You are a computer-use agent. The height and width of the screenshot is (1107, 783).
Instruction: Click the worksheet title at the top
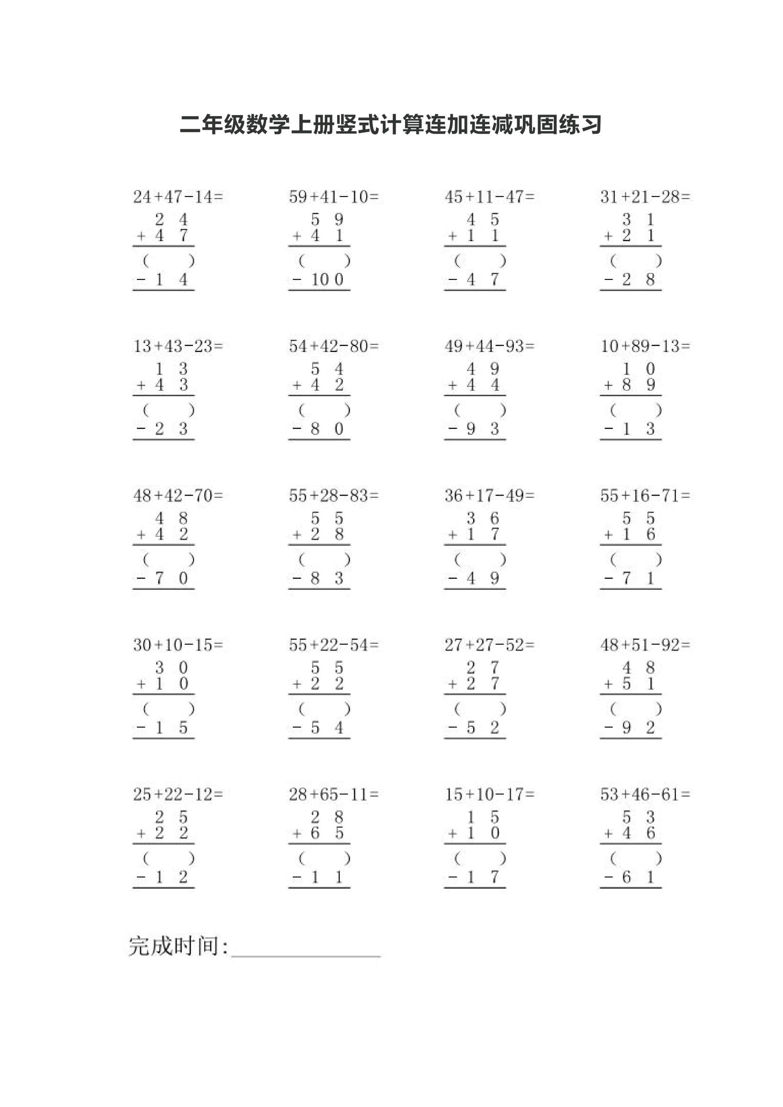pyautogui.click(x=390, y=125)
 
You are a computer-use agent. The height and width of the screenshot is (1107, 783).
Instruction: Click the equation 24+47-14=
pyautogui.click(x=178, y=197)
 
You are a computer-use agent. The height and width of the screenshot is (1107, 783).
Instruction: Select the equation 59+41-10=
pyautogui.click(x=333, y=197)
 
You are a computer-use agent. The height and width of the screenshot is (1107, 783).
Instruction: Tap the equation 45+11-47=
pyautogui.click(x=489, y=197)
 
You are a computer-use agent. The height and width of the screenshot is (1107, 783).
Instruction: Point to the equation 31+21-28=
pyautogui.click(x=645, y=197)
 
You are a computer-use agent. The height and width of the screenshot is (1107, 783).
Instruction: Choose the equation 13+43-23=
pyautogui.click(x=178, y=346)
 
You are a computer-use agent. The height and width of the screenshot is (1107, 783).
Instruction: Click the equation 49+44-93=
pyautogui.click(x=489, y=346)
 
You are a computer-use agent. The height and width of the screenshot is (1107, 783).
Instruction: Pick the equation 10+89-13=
pyautogui.click(x=645, y=346)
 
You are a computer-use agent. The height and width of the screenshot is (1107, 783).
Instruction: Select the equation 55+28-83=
pyautogui.click(x=333, y=495)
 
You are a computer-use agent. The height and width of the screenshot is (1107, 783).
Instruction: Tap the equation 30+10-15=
pyautogui.click(x=178, y=645)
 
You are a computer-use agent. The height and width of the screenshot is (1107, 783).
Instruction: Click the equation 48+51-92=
pyautogui.click(x=645, y=645)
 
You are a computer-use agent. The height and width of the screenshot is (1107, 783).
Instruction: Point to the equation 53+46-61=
pyautogui.click(x=645, y=794)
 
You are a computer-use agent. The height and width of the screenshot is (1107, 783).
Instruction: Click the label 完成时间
pyautogui.click(x=177, y=946)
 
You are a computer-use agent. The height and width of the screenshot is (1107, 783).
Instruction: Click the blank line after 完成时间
pyautogui.click(x=306, y=951)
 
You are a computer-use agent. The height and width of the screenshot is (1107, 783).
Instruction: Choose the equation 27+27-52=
pyautogui.click(x=489, y=645)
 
